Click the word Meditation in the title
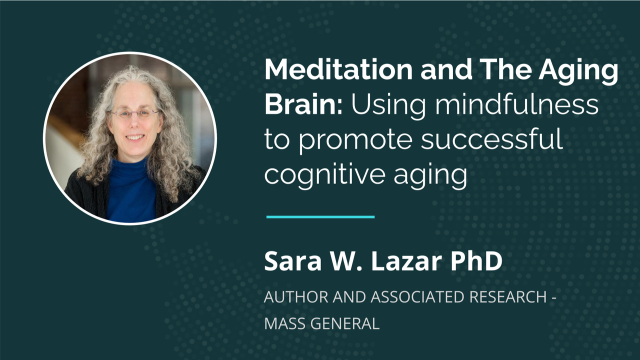click(x=338, y=69)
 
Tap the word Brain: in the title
click(x=303, y=104)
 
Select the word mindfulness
click(x=517, y=104)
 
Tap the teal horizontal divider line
click(x=320, y=217)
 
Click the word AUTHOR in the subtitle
click(x=292, y=297)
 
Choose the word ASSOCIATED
click(x=417, y=297)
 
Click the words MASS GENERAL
click(x=322, y=323)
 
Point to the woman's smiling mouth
click(x=135, y=137)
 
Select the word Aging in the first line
click(x=578, y=71)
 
